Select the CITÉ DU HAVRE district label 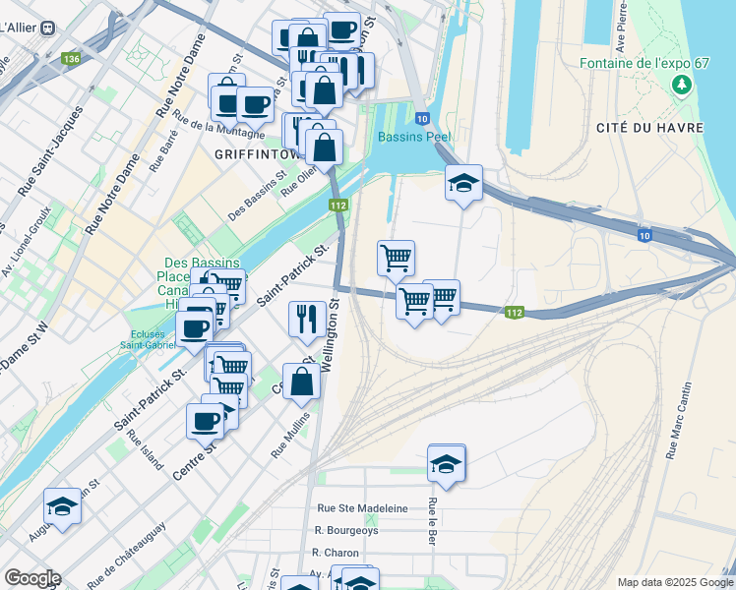tap(641, 128)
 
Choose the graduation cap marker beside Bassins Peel tap(463, 184)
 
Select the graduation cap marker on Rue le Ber tap(446, 464)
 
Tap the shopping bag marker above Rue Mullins tap(301, 382)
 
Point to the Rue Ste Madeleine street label tap(362, 508)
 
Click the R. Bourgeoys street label tap(346, 530)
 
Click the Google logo tap(32, 578)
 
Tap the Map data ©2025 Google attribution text tap(674, 582)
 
